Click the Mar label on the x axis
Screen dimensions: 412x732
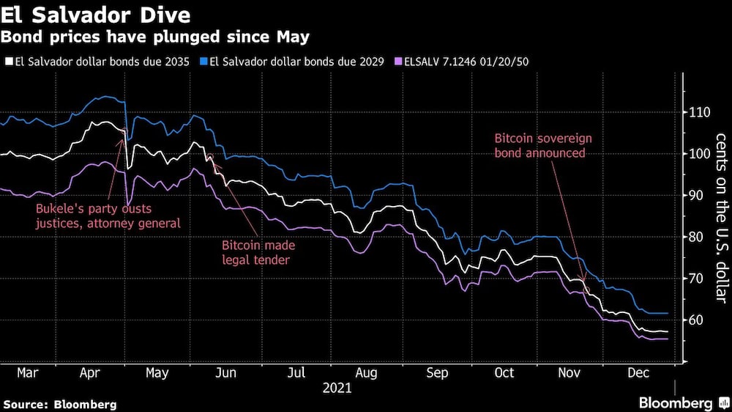pos(27,373)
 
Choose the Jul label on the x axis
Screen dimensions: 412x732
pos(296,373)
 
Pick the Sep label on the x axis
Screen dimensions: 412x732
pos(436,373)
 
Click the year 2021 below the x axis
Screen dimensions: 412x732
pos(336,388)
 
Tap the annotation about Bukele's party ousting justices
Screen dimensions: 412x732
pos(108,216)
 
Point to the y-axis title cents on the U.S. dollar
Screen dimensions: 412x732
pos(720,217)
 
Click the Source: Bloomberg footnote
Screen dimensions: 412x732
pos(60,404)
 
